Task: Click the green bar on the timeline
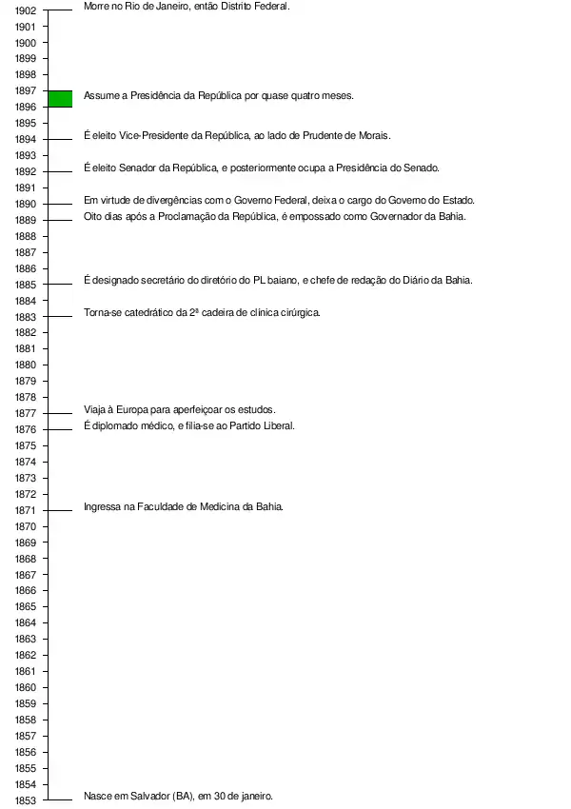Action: (x=60, y=98)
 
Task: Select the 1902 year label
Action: (x=26, y=10)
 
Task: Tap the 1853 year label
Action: (x=26, y=800)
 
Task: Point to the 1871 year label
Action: (x=26, y=510)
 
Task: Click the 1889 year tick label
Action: (x=26, y=220)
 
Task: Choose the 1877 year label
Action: (x=26, y=413)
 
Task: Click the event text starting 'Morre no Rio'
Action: (x=187, y=6)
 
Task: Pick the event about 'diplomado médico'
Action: (x=189, y=425)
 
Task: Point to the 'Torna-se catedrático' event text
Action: (x=202, y=312)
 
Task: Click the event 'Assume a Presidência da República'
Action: (x=219, y=95)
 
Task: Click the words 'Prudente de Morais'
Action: (x=346, y=136)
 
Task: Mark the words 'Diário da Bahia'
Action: (x=437, y=280)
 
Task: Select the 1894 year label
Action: (x=26, y=139)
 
